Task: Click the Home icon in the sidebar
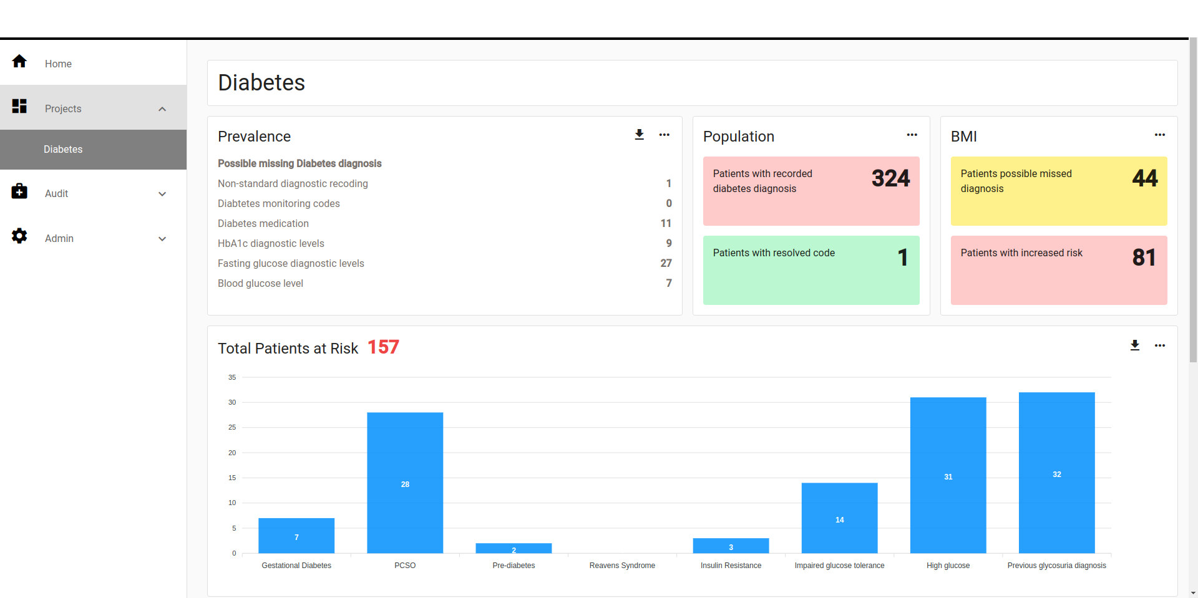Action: click(x=19, y=61)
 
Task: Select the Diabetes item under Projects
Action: click(x=63, y=150)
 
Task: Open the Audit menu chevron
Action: click(x=162, y=194)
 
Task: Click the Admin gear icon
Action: click(x=19, y=236)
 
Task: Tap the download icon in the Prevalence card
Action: click(x=639, y=135)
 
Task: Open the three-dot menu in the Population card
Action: click(x=912, y=135)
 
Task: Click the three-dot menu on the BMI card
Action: click(x=1159, y=135)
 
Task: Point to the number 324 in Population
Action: click(x=890, y=179)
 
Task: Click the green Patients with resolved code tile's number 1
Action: click(x=902, y=258)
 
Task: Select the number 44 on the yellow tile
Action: click(x=1144, y=179)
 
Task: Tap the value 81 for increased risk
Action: click(x=1144, y=258)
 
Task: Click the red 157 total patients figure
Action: click(x=383, y=347)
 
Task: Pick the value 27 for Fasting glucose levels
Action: click(x=666, y=263)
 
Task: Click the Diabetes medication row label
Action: click(x=263, y=223)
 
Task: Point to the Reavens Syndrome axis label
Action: click(x=622, y=566)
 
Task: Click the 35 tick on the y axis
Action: click(x=232, y=377)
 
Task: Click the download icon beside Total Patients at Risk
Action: click(x=1134, y=345)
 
